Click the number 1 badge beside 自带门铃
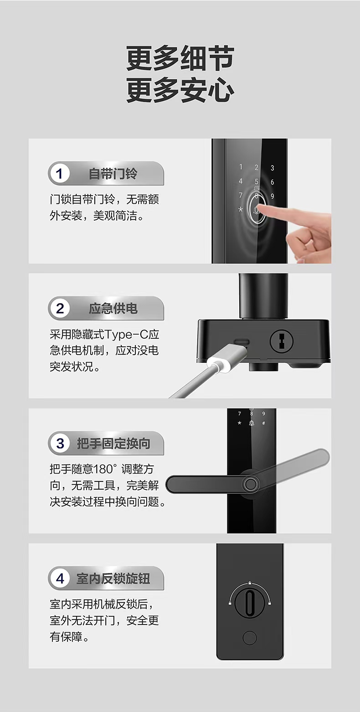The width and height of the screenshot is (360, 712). click(x=59, y=174)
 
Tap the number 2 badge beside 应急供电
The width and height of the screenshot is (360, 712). click(x=59, y=309)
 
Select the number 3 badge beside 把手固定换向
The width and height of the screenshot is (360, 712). click(x=59, y=444)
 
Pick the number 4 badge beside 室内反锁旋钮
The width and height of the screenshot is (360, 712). click(x=59, y=578)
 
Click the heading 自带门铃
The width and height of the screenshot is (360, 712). click(x=113, y=174)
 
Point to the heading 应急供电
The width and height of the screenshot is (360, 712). click(x=113, y=309)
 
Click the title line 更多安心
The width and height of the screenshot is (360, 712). click(x=180, y=90)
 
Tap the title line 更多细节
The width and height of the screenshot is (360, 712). click(x=180, y=58)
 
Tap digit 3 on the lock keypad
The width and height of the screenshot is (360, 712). click(x=273, y=168)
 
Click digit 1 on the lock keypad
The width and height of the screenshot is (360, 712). click(x=241, y=167)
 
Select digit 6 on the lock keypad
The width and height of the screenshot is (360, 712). click(x=273, y=182)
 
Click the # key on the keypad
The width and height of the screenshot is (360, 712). click(x=263, y=423)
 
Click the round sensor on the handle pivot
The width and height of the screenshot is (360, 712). click(x=251, y=484)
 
